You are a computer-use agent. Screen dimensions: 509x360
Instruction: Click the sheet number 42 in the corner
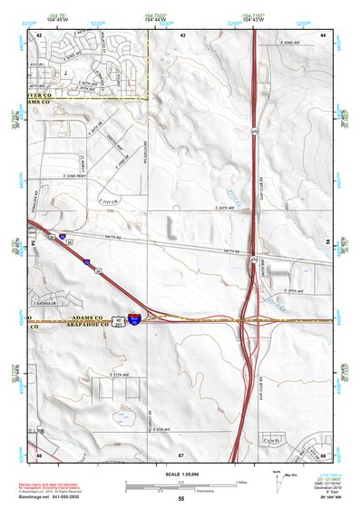click(40, 34)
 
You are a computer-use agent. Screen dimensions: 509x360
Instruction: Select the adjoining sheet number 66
click(40, 454)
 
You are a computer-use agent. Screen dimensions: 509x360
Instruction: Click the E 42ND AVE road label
click(290, 43)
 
